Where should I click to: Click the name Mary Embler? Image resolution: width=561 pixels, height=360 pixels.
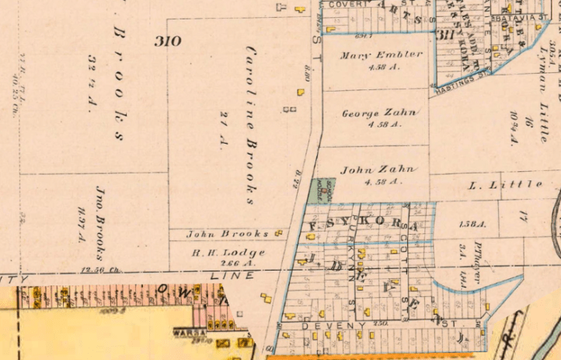coord(382,55)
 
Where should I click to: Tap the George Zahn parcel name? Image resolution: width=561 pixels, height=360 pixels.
coord(381,114)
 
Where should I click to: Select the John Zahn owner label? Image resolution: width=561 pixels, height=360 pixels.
coord(379,170)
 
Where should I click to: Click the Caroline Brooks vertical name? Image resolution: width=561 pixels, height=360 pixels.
coord(251,124)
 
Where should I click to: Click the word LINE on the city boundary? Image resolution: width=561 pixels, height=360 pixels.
coord(233,276)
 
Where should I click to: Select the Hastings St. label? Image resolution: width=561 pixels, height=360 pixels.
coord(465,76)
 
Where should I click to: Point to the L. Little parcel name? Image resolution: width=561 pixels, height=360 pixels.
coord(506,185)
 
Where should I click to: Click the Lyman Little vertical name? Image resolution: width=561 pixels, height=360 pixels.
coord(543,78)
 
